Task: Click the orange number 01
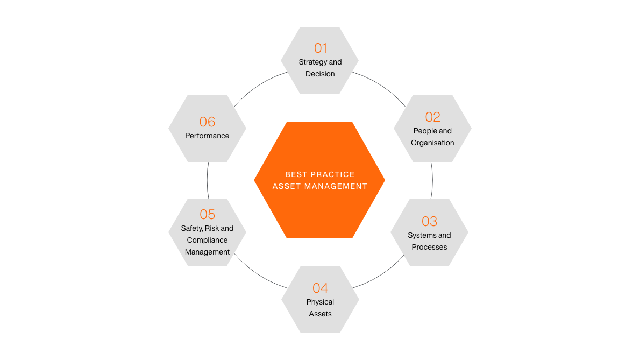click(x=321, y=48)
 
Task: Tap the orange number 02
click(x=432, y=117)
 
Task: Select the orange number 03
click(x=429, y=221)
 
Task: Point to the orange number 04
click(x=321, y=288)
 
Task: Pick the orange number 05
click(x=208, y=214)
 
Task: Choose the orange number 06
click(x=208, y=122)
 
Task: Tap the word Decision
click(x=320, y=74)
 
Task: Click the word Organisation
click(x=432, y=143)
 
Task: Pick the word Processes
click(x=429, y=247)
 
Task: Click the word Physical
click(x=321, y=302)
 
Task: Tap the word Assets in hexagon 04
click(x=321, y=314)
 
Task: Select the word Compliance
click(x=208, y=241)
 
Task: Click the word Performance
click(x=208, y=136)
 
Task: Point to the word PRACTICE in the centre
click(x=332, y=174)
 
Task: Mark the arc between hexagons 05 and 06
click(x=208, y=180)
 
